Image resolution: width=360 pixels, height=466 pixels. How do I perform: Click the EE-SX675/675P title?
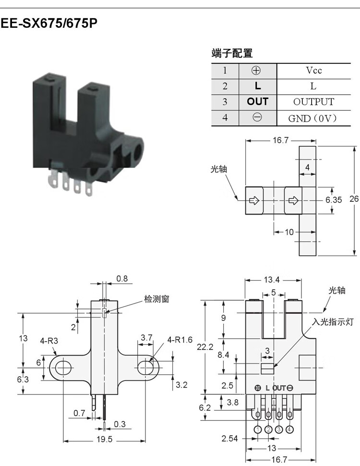tap(49, 23)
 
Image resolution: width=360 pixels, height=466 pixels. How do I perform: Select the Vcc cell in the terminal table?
tap(313, 71)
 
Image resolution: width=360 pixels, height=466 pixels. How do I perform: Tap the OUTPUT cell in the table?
tap(313, 102)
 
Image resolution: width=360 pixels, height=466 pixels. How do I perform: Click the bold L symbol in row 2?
tap(258, 86)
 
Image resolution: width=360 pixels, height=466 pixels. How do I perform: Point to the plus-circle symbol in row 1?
tap(256, 71)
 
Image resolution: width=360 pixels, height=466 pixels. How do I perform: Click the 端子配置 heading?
tap(232, 53)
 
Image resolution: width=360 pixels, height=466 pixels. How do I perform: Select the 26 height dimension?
tap(354, 198)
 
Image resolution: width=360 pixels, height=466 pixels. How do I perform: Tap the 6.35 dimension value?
tap(334, 200)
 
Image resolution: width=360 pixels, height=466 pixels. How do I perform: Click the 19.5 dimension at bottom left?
tap(105, 439)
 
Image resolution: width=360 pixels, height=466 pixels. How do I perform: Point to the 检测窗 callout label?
tap(156, 299)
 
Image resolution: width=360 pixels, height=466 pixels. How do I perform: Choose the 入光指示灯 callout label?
tap(333, 321)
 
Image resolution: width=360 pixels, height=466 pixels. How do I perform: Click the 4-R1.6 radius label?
tap(180, 340)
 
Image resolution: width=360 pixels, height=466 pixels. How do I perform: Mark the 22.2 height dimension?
tap(205, 347)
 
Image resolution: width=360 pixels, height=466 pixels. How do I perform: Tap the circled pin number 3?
tap(278, 429)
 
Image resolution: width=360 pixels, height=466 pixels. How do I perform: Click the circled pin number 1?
tap(258, 429)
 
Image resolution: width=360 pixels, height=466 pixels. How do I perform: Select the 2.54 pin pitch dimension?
tap(229, 438)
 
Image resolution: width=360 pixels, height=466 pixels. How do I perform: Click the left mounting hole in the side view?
tap(63, 368)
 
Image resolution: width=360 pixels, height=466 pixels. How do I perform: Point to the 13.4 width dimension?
tap(272, 280)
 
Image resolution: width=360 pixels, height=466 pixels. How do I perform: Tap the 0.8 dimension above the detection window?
tap(122, 279)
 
